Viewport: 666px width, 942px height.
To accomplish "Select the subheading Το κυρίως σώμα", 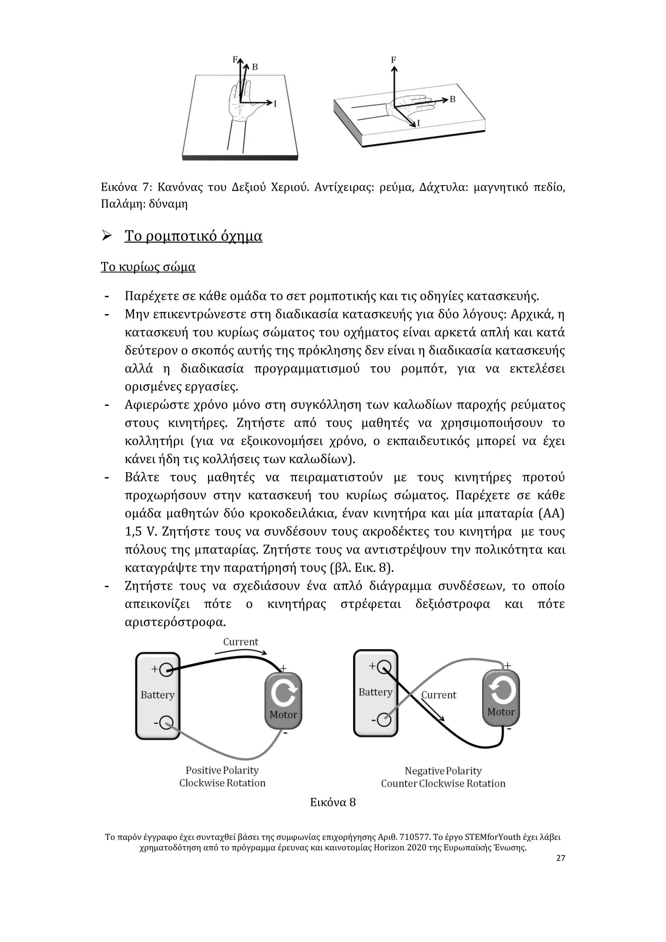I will pyautogui.click(x=148, y=267).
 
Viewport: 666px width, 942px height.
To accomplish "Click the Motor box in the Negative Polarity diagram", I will pyautogui.click(x=501, y=697).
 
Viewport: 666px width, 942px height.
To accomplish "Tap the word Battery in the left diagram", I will pyautogui.click(x=157, y=694).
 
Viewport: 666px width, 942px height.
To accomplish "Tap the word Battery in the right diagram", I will pyautogui.click(x=375, y=692).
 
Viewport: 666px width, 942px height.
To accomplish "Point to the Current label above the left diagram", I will pyautogui.click(x=241, y=642).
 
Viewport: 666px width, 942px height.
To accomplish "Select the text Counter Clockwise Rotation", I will pyautogui.click(x=443, y=783).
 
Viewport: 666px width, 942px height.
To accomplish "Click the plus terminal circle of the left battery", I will pyautogui.click(x=166, y=669).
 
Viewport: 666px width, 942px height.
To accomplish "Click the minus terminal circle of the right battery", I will pyautogui.click(x=384, y=720).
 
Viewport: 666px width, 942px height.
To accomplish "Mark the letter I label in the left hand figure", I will pyautogui.click(x=275, y=104).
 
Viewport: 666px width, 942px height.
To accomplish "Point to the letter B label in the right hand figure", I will pyautogui.click(x=453, y=99).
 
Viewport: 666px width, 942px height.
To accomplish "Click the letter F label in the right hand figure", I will pyautogui.click(x=394, y=60).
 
